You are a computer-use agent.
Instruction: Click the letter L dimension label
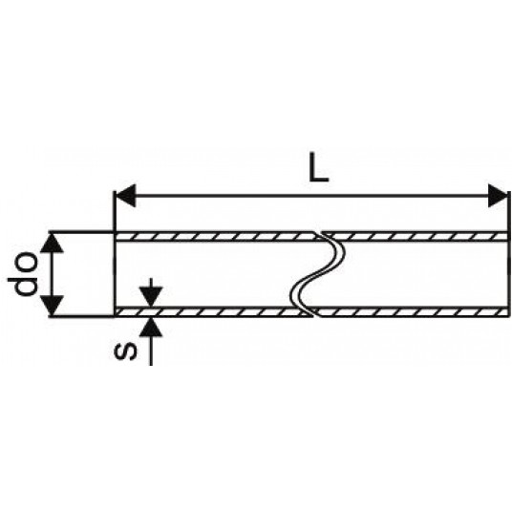click(x=318, y=171)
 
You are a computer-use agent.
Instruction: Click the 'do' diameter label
click(x=23, y=273)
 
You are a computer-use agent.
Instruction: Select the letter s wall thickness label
click(x=125, y=351)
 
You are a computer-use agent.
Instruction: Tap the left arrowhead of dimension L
click(x=126, y=196)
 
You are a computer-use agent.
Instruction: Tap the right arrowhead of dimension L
click(x=498, y=196)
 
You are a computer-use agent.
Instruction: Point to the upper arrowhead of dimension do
click(x=52, y=243)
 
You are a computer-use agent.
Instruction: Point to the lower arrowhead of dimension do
click(x=52, y=306)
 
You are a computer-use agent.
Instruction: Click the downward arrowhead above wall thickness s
click(x=151, y=296)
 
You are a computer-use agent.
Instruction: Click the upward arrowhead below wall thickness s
click(x=151, y=327)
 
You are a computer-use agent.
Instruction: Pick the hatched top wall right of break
click(x=416, y=236)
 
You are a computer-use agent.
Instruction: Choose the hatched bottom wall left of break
click(x=213, y=311)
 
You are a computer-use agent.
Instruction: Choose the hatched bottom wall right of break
click(x=411, y=311)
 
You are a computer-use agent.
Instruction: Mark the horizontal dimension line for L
click(x=311, y=196)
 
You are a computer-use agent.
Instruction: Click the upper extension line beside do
click(x=81, y=232)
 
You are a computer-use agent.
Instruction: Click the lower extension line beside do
click(x=81, y=316)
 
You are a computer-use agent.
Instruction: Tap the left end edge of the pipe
click(x=115, y=273)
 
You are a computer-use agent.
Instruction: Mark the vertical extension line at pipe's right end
click(x=509, y=254)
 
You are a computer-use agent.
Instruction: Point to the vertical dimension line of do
click(x=52, y=273)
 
